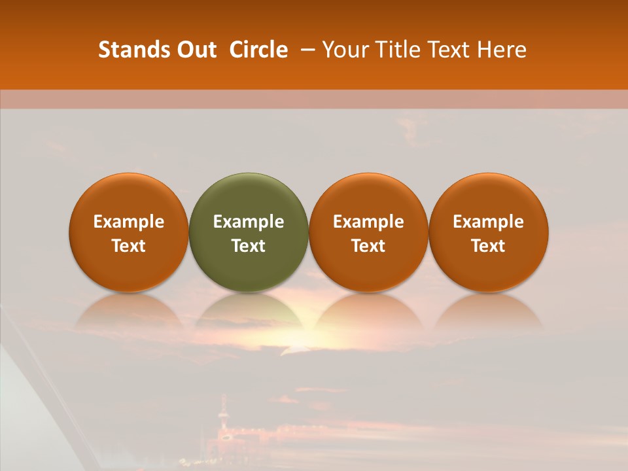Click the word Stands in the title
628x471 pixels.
pos(130,50)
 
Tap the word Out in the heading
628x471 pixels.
pos(195,50)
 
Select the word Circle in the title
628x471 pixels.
pos(258,50)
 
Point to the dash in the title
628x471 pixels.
pos(305,50)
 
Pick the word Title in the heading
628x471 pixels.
pos(396,50)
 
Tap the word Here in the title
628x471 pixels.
pos(502,50)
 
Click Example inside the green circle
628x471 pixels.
pos(248,222)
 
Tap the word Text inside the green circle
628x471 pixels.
pos(248,246)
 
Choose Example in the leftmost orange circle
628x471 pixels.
pos(128,222)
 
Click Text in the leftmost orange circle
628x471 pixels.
pos(128,246)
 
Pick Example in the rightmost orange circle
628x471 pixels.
pos(488,222)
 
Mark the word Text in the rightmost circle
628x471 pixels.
pos(488,246)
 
